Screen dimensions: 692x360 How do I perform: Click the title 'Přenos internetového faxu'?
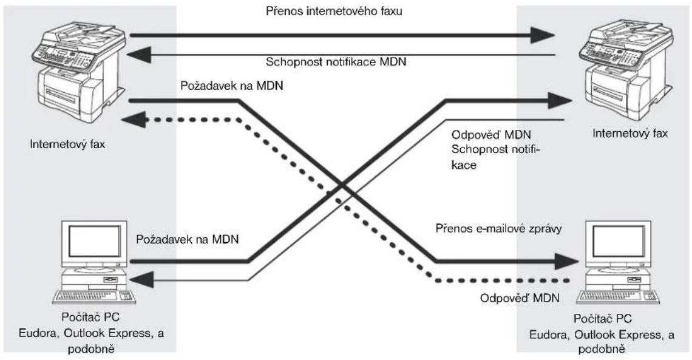(x=334, y=11)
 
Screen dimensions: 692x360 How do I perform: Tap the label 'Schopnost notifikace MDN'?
(x=336, y=62)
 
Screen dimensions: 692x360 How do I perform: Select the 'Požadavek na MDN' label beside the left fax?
(x=232, y=86)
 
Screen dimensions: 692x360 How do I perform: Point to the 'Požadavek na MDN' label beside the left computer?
(x=187, y=240)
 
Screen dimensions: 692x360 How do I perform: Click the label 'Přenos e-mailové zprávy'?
(x=499, y=228)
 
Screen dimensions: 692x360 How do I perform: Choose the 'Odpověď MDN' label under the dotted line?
(x=520, y=298)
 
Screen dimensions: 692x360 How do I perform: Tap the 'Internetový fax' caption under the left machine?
(x=67, y=144)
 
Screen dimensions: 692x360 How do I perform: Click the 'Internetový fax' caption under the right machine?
(x=629, y=133)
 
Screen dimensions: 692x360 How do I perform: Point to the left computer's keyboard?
(x=94, y=297)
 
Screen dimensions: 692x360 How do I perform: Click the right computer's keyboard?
(x=617, y=297)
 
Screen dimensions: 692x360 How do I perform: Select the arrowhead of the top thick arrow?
(x=543, y=35)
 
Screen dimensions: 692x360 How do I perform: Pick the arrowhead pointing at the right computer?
(x=567, y=262)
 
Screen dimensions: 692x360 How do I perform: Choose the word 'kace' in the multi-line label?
(x=464, y=166)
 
